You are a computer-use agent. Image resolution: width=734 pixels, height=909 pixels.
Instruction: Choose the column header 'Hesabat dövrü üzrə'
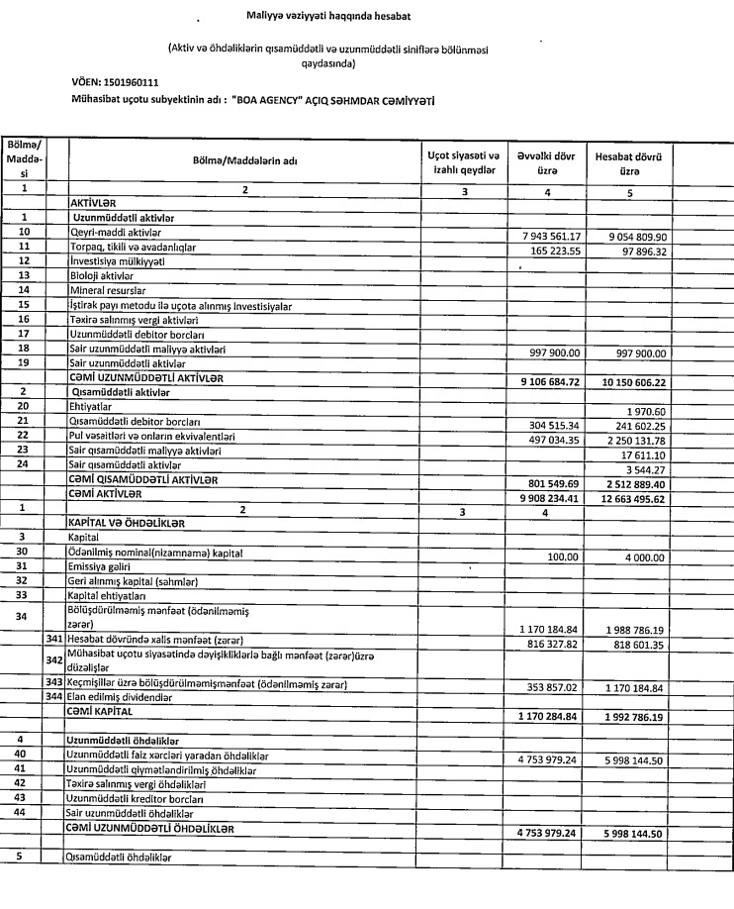[628, 164]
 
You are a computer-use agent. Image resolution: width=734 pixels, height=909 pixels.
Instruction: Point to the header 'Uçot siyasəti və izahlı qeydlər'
[452, 164]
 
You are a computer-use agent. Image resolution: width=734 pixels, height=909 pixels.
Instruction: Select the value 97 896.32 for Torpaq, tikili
[640, 252]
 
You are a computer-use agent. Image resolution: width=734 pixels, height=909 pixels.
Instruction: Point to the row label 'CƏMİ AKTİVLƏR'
[113, 492]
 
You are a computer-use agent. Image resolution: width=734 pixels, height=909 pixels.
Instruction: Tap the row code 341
[54, 641]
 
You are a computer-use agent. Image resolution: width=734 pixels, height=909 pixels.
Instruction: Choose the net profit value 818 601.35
[636, 641]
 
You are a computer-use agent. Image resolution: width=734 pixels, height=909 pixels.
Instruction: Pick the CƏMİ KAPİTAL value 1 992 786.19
[633, 714]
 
